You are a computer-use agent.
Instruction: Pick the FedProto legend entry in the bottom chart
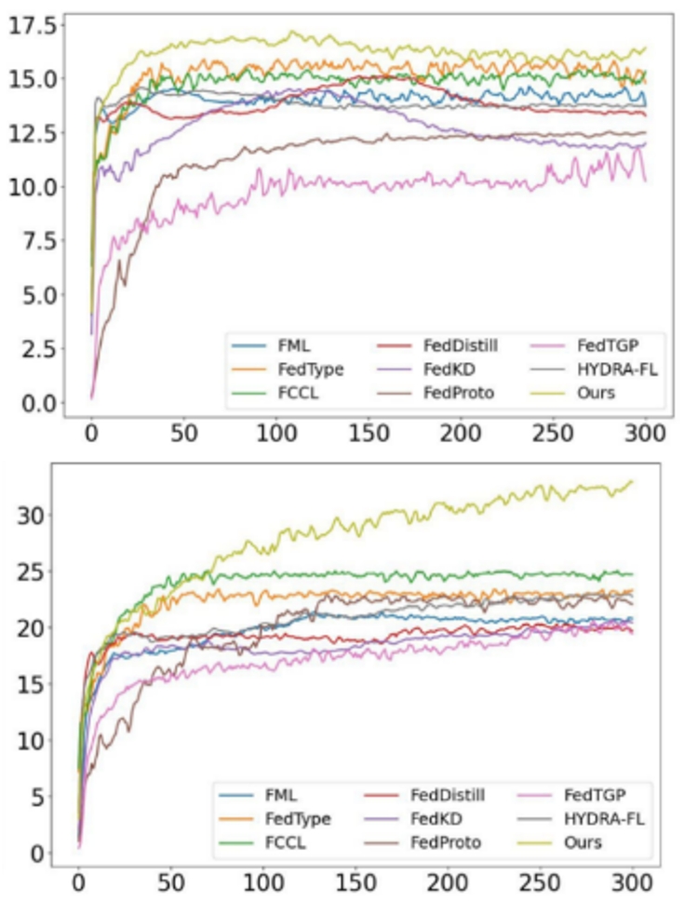(446, 842)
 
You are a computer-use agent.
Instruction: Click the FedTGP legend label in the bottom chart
(594, 795)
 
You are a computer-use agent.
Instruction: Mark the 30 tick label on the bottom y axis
(38, 514)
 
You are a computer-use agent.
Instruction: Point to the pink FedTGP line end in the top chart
(645, 180)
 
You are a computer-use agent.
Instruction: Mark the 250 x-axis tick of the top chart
(553, 434)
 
